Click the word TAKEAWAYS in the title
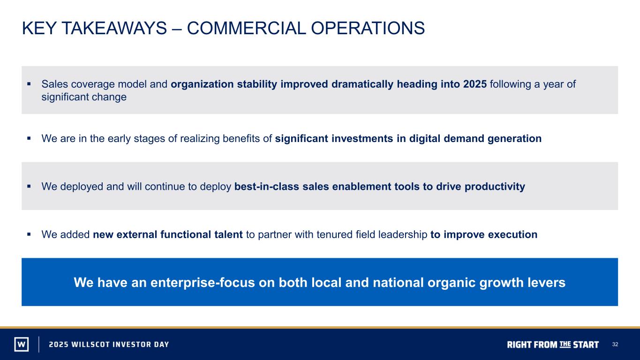click(114, 28)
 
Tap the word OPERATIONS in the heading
click(368, 28)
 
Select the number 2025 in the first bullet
click(475, 84)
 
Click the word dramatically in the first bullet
click(362, 84)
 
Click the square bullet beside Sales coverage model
click(29, 84)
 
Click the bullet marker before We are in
click(29, 138)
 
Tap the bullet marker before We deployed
click(29, 186)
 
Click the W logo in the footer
click(22, 344)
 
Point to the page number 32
click(615, 345)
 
